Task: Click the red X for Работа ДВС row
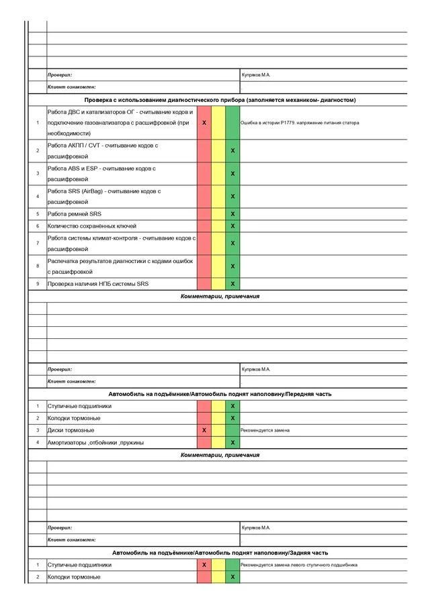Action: click(204, 123)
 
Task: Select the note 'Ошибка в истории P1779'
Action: click(300, 123)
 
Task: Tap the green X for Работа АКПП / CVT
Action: click(232, 151)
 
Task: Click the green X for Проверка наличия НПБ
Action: click(232, 284)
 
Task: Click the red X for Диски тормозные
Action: click(204, 430)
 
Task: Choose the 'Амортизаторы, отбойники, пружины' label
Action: click(95, 443)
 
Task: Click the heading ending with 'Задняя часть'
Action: click(220, 553)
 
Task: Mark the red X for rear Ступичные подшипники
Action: click(204, 565)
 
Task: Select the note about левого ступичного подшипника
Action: click(299, 565)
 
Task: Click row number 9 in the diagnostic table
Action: click(38, 284)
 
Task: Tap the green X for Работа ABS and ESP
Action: click(232, 174)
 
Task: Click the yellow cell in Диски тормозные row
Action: click(218, 430)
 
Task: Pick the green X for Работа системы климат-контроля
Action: click(232, 243)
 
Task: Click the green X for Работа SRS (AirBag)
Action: click(232, 197)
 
